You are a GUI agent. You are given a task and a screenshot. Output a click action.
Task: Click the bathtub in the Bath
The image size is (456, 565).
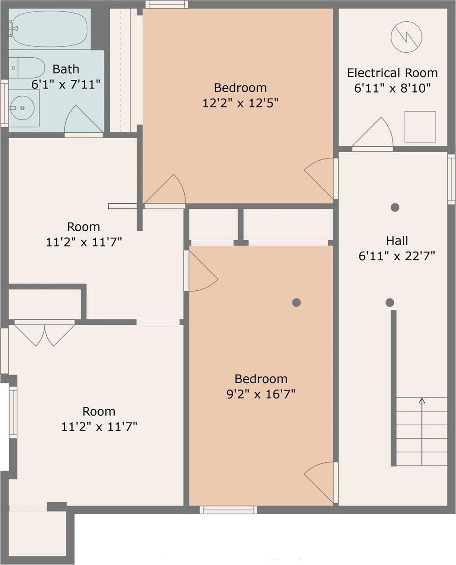(49, 30)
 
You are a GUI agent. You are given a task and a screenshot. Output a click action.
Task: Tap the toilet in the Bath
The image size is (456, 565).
(27, 68)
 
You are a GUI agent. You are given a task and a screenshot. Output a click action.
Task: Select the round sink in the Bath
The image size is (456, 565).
(22, 108)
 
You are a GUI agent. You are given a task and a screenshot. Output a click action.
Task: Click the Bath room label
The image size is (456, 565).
(66, 69)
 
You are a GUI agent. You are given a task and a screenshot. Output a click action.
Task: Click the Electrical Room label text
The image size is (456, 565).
(392, 73)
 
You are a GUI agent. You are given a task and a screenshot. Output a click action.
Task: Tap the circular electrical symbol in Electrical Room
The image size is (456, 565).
(406, 37)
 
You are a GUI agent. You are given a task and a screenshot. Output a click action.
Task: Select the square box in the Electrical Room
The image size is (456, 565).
(420, 127)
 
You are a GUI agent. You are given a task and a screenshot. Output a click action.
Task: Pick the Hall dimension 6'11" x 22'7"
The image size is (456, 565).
(397, 256)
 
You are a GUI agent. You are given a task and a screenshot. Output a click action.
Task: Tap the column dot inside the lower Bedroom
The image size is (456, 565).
(296, 302)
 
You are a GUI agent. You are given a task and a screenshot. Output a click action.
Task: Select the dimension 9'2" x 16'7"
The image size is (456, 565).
(261, 394)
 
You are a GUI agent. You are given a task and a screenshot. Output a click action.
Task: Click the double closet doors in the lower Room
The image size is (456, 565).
(44, 334)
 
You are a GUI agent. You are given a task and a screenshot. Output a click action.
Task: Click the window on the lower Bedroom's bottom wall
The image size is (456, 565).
(228, 510)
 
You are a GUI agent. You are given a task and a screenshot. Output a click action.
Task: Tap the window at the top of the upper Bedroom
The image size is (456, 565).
(167, 5)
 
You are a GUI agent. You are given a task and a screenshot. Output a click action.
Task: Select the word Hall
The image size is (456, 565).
(397, 241)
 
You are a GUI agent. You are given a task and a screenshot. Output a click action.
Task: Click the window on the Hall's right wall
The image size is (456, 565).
(451, 179)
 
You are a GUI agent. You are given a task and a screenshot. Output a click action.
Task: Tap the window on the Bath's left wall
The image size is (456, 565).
(4, 103)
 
